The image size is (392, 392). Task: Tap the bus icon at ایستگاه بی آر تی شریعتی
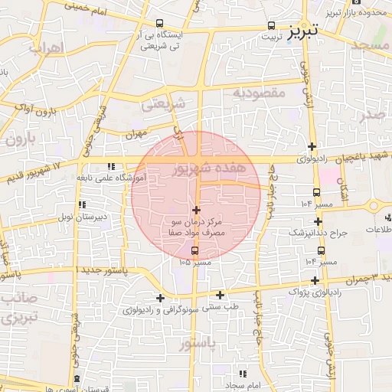tap(158, 23)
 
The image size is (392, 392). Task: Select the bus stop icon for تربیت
tap(273, 24)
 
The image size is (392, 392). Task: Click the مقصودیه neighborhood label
tap(259, 93)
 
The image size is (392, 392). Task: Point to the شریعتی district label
tap(165, 103)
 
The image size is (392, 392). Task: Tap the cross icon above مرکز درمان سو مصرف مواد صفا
tap(197, 210)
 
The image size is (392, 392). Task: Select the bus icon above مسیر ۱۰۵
tap(194, 250)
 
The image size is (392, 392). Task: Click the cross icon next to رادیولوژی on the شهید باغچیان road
tap(312, 147)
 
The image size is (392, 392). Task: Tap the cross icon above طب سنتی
tap(220, 295)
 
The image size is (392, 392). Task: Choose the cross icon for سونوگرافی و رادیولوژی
tap(160, 298)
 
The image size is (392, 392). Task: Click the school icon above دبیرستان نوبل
tap(81, 205)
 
